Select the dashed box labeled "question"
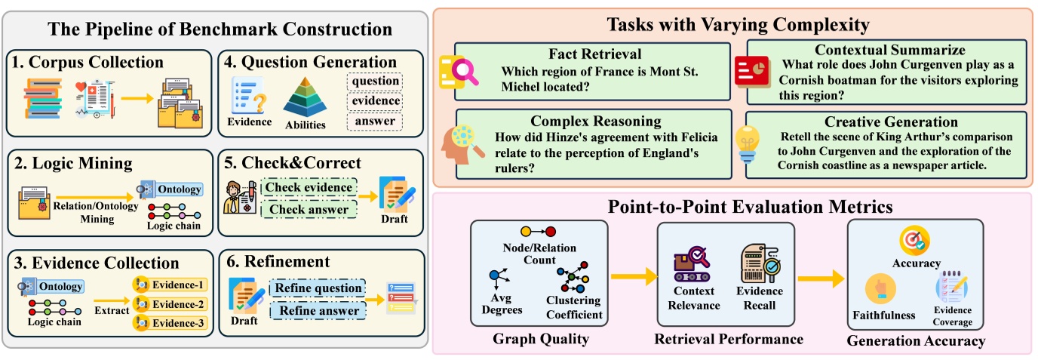pyautogui.click(x=375, y=81)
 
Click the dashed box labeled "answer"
pyautogui.click(x=375, y=121)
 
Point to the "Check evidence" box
pyautogui.click(x=308, y=187)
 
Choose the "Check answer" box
pyautogui.click(x=308, y=209)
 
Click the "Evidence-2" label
pyautogui.click(x=169, y=305)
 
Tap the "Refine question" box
pyautogui.click(x=316, y=288)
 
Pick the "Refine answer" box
pyautogui.click(x=316, y=310)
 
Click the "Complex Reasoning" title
pyautogui.click(x=585, y=121)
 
